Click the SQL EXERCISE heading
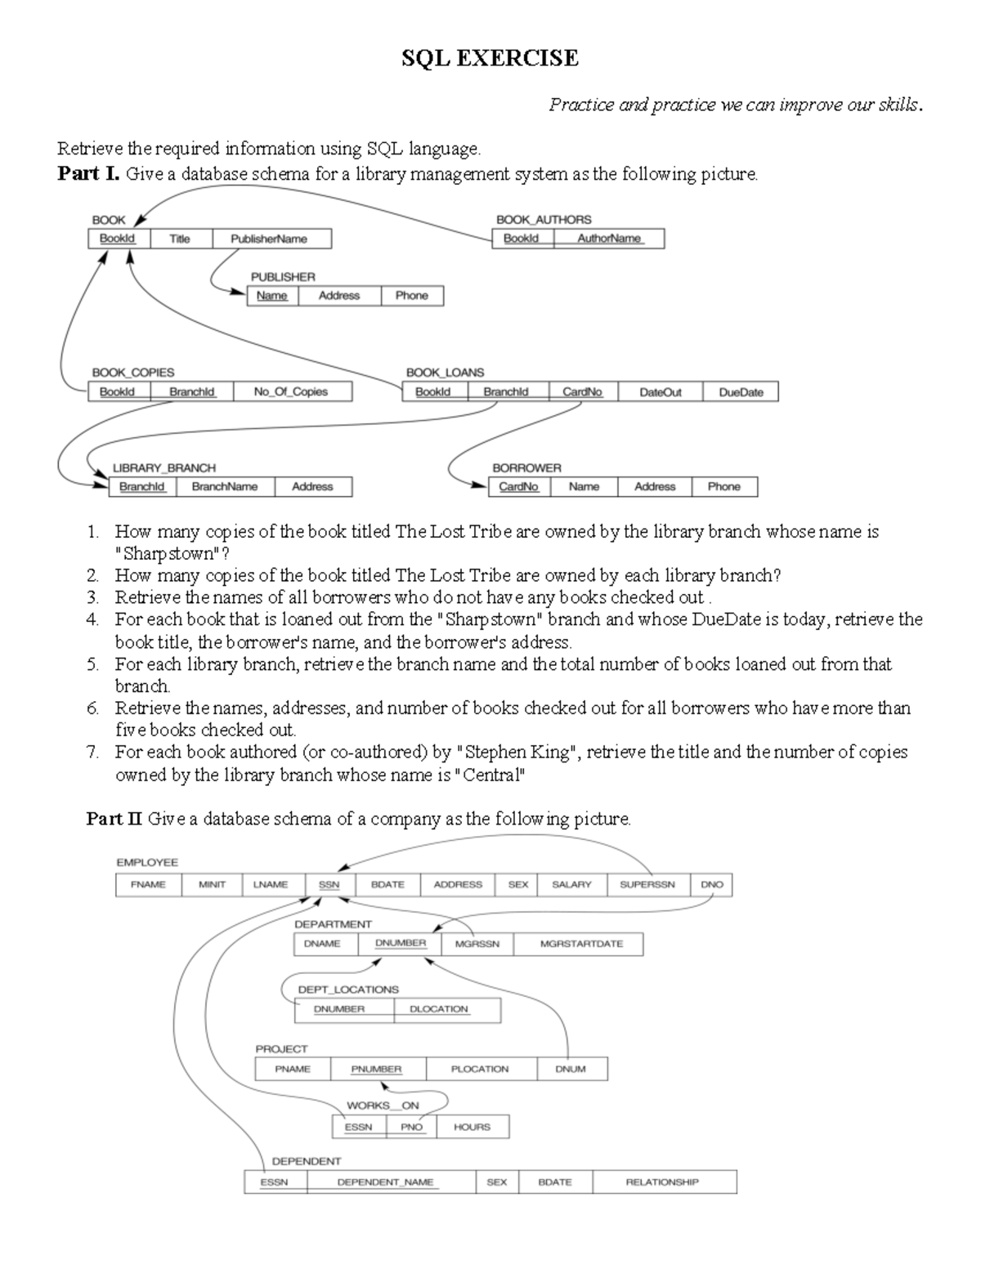490,59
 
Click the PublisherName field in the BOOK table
269,239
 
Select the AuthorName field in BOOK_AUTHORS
609,239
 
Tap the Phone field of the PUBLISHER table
411,296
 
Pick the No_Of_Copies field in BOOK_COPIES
291,392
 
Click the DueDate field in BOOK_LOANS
741,392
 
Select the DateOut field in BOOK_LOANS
660,392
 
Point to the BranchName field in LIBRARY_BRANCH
225,486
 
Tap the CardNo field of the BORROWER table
519,486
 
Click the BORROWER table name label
526,468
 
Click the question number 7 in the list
92,752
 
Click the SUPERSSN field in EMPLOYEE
647,884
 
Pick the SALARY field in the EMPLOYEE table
571,884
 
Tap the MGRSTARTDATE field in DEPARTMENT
581,944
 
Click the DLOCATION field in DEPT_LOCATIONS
439,1009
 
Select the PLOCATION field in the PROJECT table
480,1069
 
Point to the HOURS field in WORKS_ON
472,1127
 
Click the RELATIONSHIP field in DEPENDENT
662,1182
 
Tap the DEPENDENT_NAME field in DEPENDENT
385,1182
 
